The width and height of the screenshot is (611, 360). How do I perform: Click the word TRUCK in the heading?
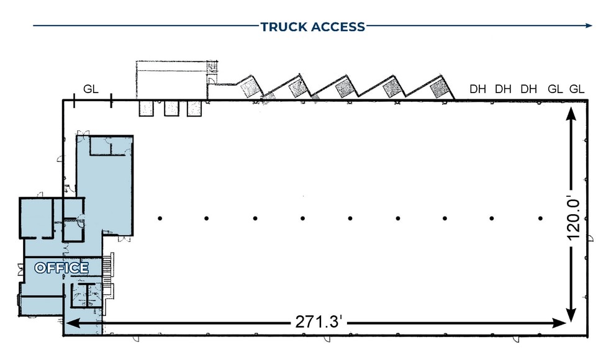click(282, 27)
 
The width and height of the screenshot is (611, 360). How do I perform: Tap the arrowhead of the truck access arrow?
click(589, 25)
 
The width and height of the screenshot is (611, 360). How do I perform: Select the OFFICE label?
click(61, 268)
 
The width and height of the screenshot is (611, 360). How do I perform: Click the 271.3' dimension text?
click(316, 323)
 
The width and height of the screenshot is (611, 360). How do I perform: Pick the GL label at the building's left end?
click(91, 89)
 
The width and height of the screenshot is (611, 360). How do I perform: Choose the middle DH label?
click(503, 89)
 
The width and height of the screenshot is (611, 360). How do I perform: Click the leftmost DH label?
click(477, 89)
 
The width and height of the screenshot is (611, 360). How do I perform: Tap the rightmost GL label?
click(577, 89)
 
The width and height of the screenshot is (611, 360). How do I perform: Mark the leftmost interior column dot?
click(160, 218)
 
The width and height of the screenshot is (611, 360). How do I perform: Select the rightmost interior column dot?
click(541, 218)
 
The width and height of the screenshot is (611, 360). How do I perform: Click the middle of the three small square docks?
click(171, 108)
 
